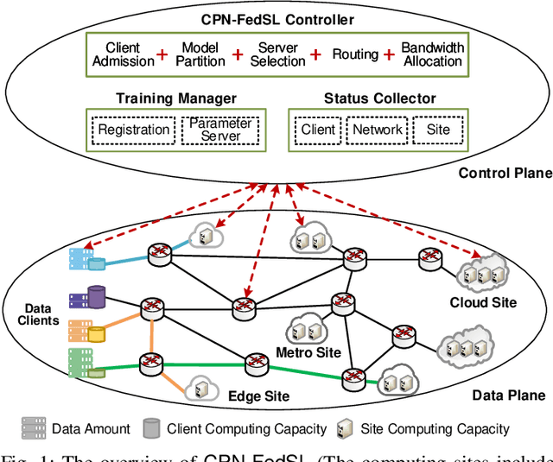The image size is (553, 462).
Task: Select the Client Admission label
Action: coord(122,54)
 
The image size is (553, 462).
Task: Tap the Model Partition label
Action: coord(200,54)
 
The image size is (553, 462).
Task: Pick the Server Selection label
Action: coord(278,54)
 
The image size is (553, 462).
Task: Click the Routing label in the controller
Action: coord(355,54)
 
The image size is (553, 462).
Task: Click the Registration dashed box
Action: coord(133,130)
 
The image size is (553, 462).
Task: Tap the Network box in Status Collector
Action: coord(377,130)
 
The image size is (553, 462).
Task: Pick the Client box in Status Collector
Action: coord(318,130)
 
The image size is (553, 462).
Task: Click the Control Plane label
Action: coord(505,174)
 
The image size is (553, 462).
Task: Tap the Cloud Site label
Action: coord(483,303)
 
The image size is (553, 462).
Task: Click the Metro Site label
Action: coord(308,352)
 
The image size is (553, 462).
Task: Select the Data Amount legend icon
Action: coord(33,428)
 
